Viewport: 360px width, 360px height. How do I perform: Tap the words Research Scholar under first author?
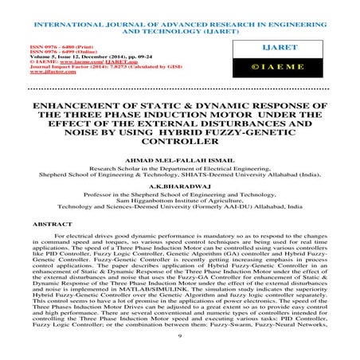(x=119, y=169)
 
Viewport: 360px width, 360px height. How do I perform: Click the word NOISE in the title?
(x=76, y=132)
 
